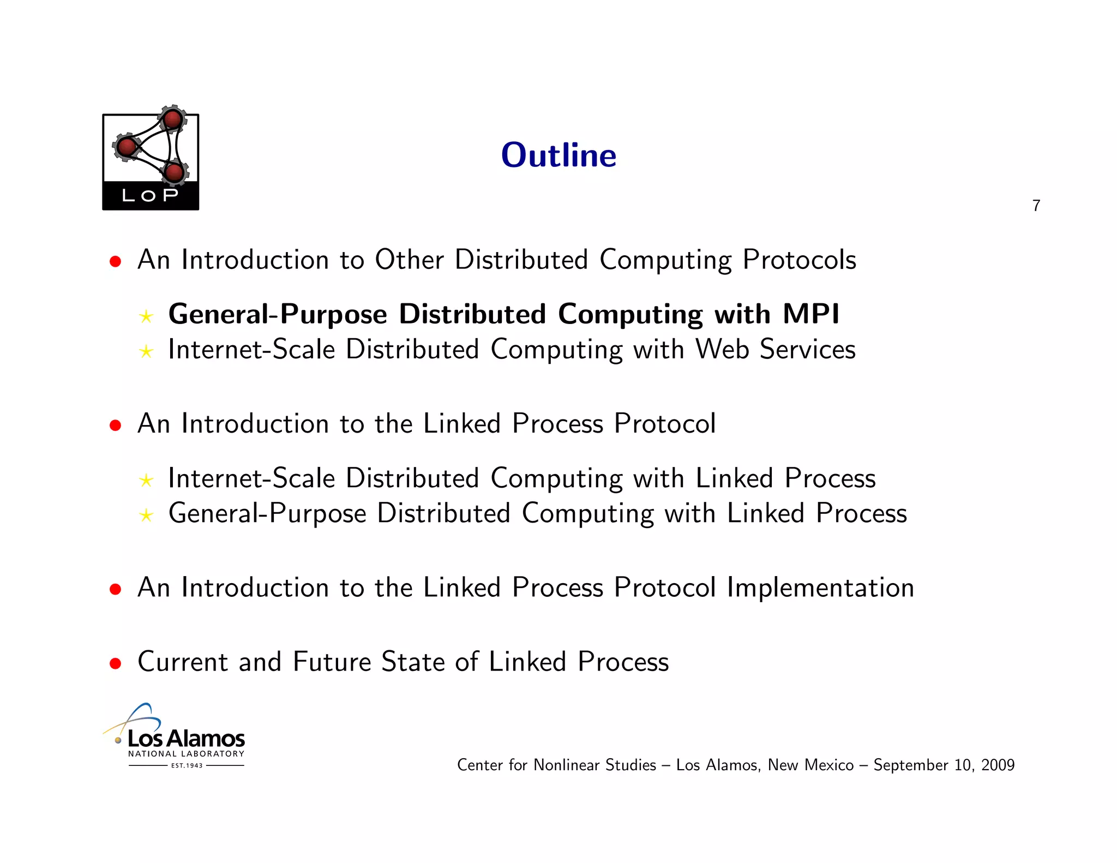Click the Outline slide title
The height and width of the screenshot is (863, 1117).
[558, 155]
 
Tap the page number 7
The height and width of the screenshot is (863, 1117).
[1036, 206]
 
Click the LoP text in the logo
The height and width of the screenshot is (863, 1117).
[150, 195]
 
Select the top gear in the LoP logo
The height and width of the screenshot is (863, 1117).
[173, 119]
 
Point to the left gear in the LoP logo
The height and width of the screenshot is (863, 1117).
[127, 147]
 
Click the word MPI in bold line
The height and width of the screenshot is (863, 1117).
[810, 314]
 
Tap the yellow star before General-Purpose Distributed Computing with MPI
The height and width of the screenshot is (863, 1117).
[146, 316]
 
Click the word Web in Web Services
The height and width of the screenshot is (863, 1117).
[722, 350]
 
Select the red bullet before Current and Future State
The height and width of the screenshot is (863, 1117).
[115, 663]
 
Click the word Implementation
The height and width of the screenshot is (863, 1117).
[820, 588]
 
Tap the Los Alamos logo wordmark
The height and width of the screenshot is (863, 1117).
[186, 739]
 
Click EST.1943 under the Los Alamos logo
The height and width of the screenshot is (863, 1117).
[187, 765]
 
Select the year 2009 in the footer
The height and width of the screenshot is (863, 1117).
[998, 765]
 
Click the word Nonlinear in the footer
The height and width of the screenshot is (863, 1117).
[567, 765]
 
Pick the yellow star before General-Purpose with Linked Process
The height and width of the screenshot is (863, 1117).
[146, 516]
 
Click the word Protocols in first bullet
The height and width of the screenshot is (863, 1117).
[799, 260]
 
